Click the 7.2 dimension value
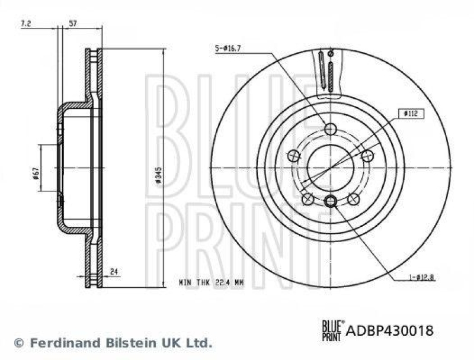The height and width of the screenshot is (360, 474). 25,24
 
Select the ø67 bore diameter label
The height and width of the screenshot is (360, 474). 36,172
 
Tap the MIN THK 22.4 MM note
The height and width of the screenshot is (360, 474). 212,284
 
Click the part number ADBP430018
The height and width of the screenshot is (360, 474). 389,330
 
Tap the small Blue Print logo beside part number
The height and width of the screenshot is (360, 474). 331,329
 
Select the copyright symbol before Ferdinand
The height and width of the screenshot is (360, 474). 18,342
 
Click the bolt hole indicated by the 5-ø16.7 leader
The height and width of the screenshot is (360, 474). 331,129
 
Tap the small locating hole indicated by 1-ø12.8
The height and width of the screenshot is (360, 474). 331,201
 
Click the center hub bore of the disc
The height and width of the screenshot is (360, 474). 330,167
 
